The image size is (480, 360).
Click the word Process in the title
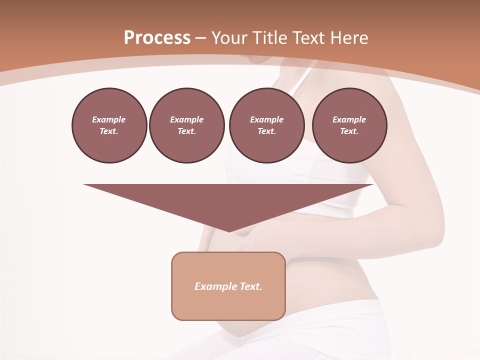click(x=157, y=37)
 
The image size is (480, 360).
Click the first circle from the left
click(x=109, y=125)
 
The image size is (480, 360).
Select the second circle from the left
click(x=187, y=125)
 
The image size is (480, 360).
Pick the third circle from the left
click(x=266, y=125)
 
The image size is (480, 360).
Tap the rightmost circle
click(x=349, y=125)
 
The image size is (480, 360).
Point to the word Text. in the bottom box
click(x=251, y=286)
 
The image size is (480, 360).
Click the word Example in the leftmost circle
click(x=109, y=119)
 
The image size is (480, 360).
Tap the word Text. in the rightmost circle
click(x=349, y=131)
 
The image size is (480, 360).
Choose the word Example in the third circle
click(x=266, y=119)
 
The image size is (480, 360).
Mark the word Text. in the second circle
click(x=187, y=131)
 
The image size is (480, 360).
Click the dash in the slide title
click(x=201, y=37)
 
